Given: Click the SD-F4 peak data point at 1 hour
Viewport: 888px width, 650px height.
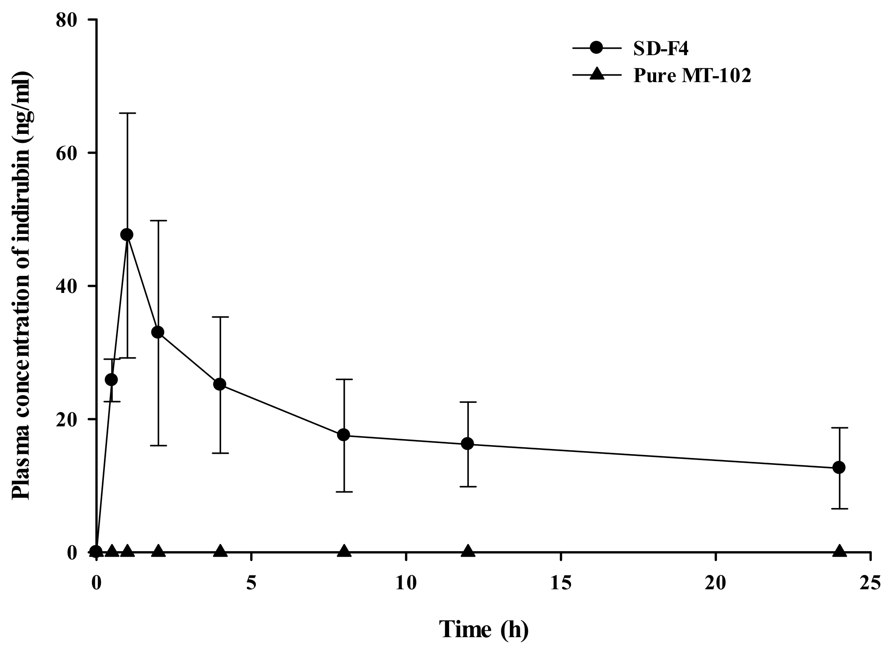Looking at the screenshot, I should click(x=127, y=234).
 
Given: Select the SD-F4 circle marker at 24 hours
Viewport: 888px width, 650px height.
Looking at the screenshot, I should click(x=839, y=467).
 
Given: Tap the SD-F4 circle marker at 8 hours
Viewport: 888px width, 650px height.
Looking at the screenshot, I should click(x=343, y=435).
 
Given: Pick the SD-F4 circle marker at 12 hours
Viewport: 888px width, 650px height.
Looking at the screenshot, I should click(x=468, y=443).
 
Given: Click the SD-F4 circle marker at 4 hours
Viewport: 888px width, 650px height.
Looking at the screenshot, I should click(x=220, y=384).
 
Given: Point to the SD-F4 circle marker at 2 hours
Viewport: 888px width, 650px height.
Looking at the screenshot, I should click(x=158, y=332).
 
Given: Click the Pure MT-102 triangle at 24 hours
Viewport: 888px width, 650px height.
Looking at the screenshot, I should click(x=839, y=551).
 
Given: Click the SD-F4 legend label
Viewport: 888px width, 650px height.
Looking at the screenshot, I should click(x=661, y=50).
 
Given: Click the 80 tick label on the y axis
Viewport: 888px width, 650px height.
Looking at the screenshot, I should click(x=70, y=20).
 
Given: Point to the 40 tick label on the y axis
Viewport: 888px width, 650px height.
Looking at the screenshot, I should click(x=70, y=286).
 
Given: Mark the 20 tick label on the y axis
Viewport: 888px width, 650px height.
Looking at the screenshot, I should click(x=70, y=419).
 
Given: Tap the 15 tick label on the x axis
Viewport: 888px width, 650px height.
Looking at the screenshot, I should click(x=560, y=583).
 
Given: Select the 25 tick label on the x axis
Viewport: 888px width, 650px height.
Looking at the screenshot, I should click(x=870, y=583).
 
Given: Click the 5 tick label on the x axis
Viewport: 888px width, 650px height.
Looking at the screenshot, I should click(x=251, y=583).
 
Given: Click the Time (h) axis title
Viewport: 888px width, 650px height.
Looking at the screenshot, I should click(x=484, y=629).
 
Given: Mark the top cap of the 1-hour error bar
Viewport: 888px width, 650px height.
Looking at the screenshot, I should click(x=127, y=113).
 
